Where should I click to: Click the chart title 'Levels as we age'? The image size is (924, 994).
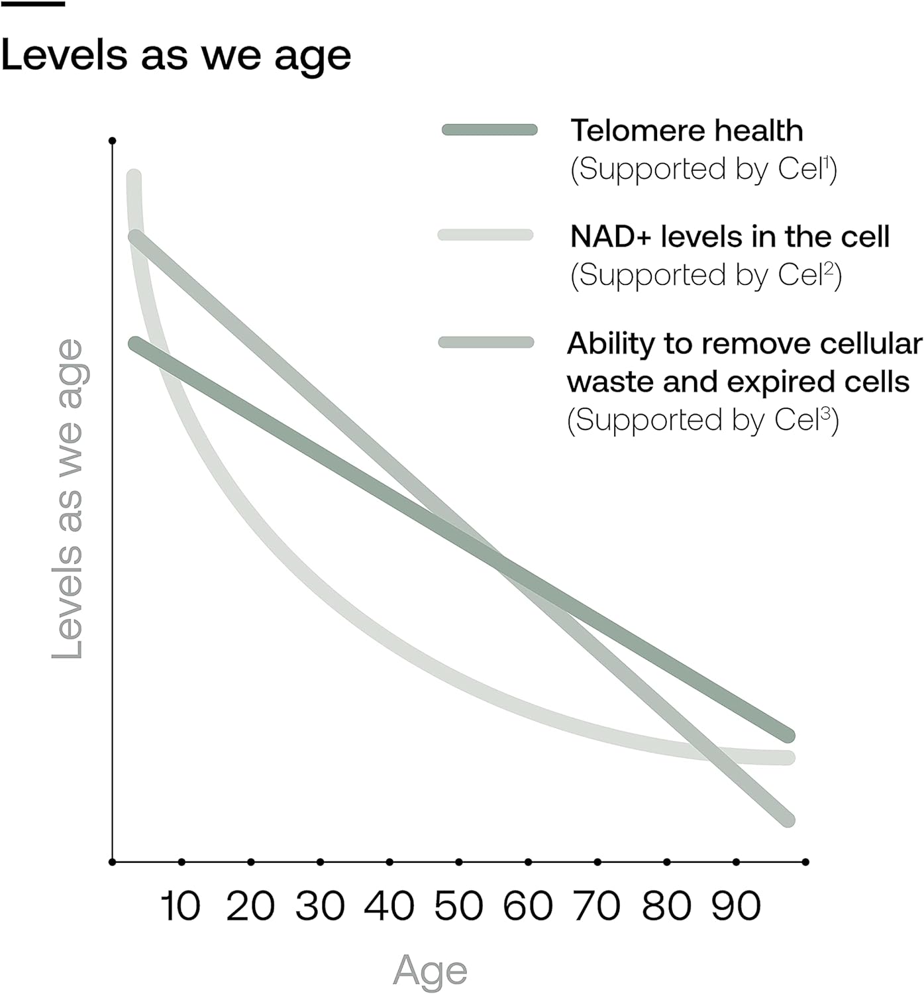click(x=176, y=56)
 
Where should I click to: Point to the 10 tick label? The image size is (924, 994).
click(x=180, y=906)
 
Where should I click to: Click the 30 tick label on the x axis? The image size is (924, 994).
click(x=320, y=906)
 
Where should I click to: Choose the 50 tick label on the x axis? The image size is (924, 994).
click(x=458, y=906)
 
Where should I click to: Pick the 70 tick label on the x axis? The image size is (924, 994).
click(x=597, y=906)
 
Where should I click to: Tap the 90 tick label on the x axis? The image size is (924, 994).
click(x=736, y=906)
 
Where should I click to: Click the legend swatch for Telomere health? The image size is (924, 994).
click(x=489, y=130)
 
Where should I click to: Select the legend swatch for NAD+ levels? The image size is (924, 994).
click(x=486, y=235)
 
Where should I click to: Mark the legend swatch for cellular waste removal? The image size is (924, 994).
click(x=486, y=342)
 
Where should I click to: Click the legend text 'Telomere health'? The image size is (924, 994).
click(x=687, y=131)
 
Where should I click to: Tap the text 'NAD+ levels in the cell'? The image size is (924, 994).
click(x=729, y=237)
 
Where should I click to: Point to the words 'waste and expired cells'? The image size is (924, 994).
click(x=738, y=382)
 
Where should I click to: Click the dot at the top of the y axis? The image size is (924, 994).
click(x=113, y=140)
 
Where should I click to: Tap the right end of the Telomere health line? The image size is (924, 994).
click(x=787, y=736)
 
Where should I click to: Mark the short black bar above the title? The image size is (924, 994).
click(x=32, y=4)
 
